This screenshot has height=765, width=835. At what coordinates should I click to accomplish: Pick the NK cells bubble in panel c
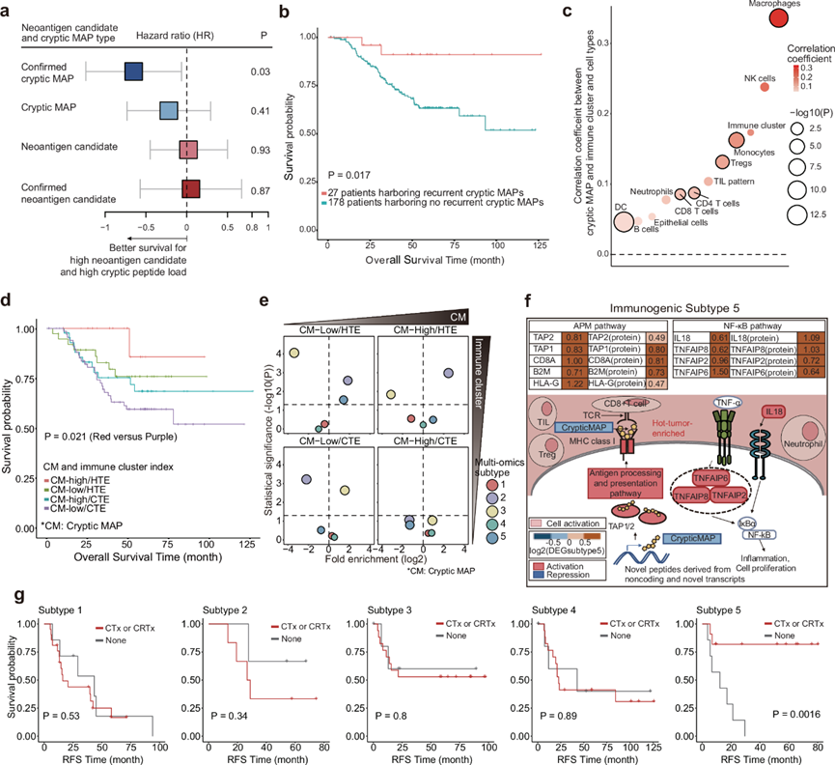click(x=765, y=87)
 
